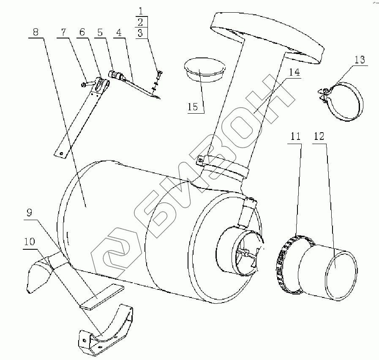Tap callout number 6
tap(82, 32)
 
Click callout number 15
tap(193, 106)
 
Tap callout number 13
tap(360, 60)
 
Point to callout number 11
tap(295, 136)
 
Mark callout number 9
tap(29, 213)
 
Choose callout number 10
tap(29, 243)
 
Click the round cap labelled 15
tap(204, 68)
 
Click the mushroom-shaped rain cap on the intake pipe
tap(266, 36)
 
